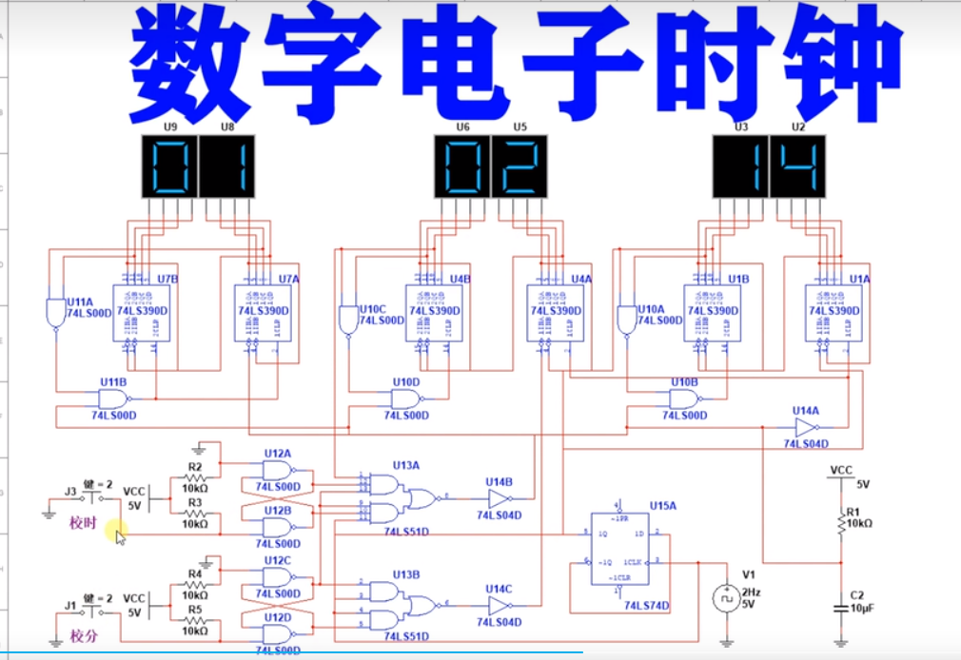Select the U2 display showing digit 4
(797, 166)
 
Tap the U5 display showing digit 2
(520, 166)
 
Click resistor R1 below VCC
(841, 522)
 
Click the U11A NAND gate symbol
(53, 311)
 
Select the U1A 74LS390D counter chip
(834, 312)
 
